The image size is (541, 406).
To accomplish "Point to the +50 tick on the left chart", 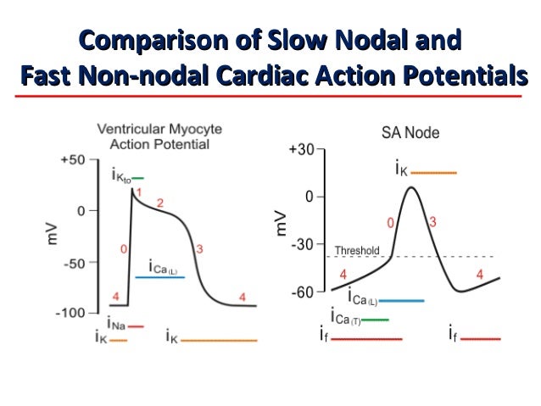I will pyautogui.click(x=72, y=159).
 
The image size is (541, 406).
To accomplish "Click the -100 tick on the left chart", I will pyautogui.click(x=70, y=313).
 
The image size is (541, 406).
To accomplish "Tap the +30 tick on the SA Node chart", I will pyautogui.click(x=302, y=149).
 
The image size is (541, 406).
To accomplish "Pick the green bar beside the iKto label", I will pyautogui.click(x=137, y=178).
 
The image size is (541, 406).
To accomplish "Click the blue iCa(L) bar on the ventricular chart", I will pyautogui.click(x=159, y=277).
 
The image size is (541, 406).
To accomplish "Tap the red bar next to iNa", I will pyautogui.click(x=136, y=325).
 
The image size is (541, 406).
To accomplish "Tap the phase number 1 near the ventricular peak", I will pyautogui.click(x=138, y=194).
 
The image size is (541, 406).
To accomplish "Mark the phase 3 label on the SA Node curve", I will pyautogui.click(x=432, y=222).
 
